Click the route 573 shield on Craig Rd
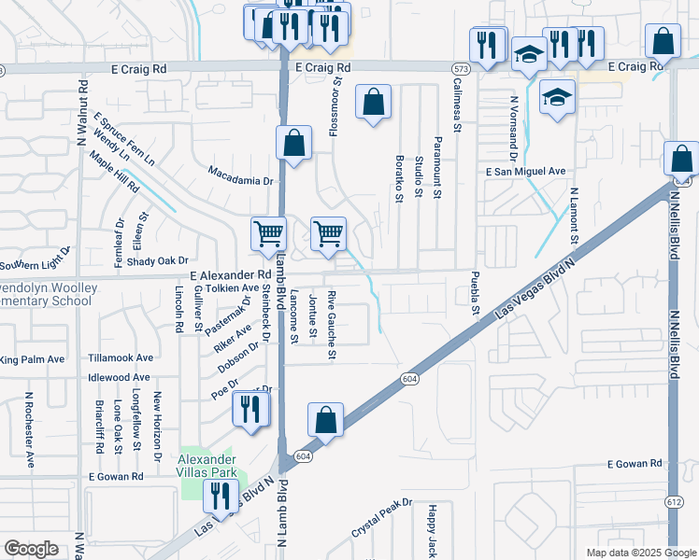coord(460,69)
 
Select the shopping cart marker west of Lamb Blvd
coord(268,232)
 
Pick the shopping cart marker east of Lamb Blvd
coord(328,232)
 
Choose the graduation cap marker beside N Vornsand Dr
coord(557,97)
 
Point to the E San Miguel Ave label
coord(526,172)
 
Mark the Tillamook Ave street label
coord(120,357)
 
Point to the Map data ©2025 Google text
coord(639,553)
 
